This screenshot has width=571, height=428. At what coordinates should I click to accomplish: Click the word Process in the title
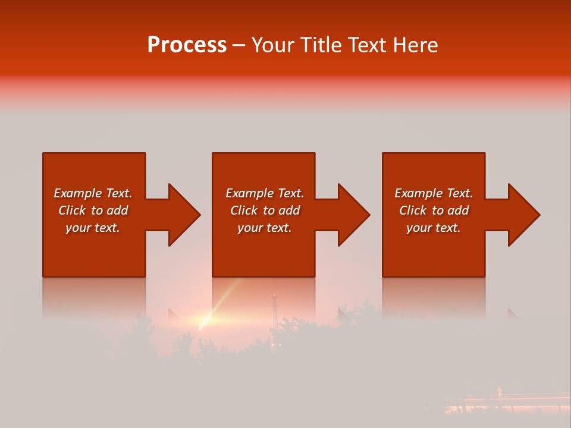click(187, 45)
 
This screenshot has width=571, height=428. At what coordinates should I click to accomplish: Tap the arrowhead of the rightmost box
click(523, 215)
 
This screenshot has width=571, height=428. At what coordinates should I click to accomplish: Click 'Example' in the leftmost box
click(78, 193)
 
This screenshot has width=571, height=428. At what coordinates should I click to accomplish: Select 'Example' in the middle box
click(249, 193)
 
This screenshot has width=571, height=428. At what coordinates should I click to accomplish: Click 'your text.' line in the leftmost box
click(93, 228)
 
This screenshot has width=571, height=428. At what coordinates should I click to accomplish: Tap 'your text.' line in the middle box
click(264, 228)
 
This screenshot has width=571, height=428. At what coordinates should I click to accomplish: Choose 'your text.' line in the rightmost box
click(434, 228)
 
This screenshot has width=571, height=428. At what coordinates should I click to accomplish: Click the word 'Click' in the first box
click(72, 210)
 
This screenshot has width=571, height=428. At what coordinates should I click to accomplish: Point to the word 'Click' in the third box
click(413, 210)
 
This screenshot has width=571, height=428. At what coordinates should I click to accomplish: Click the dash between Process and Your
click(239, 45)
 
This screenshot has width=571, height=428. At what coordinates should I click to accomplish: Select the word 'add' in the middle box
click(288, 210)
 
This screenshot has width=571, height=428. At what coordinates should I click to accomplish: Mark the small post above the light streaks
click(498, 391)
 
